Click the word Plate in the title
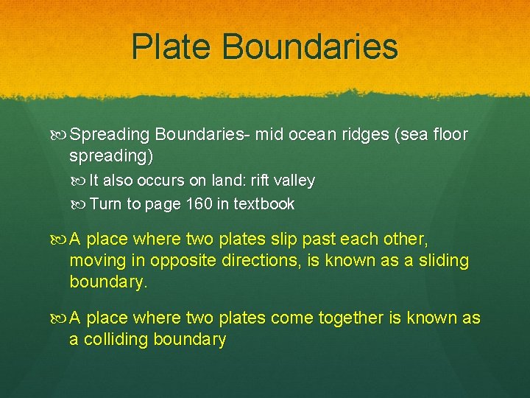170,46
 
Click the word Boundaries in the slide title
309,46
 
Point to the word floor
451,135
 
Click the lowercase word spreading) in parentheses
111,156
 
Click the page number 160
199,204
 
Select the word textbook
264,204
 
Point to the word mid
269,135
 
